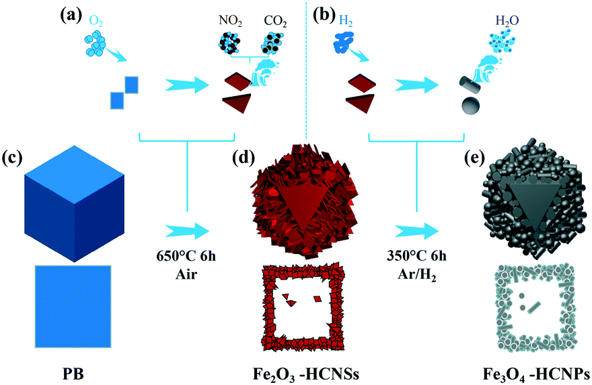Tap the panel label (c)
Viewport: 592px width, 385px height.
click(11, 159)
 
